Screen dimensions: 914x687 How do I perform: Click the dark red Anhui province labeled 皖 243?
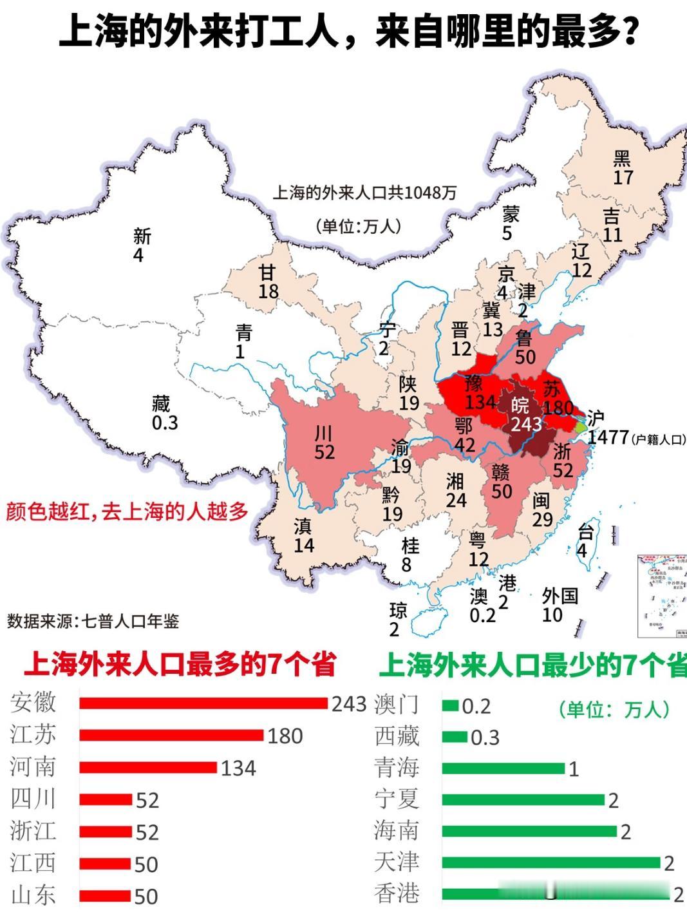525,415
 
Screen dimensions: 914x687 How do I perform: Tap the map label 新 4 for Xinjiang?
141,245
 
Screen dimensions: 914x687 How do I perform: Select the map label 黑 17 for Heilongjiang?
623,167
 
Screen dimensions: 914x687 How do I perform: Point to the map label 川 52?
324,443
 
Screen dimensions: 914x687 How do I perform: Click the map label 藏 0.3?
164,414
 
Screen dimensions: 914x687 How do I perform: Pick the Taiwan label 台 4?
583,541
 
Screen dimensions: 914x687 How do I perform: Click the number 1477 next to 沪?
608,437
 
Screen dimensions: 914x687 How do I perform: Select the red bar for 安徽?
203,703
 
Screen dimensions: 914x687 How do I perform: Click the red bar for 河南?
148,767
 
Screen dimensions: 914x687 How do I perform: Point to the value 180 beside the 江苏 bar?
285,736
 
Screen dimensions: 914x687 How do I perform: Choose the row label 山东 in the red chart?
33,895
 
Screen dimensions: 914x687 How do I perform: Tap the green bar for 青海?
503,768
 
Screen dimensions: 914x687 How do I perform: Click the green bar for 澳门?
449,706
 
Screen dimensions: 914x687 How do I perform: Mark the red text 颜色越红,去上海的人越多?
127,511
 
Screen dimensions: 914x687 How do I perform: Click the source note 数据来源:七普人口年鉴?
93,621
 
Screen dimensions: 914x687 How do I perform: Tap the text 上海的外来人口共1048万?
364,193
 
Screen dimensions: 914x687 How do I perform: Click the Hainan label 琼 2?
397,619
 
